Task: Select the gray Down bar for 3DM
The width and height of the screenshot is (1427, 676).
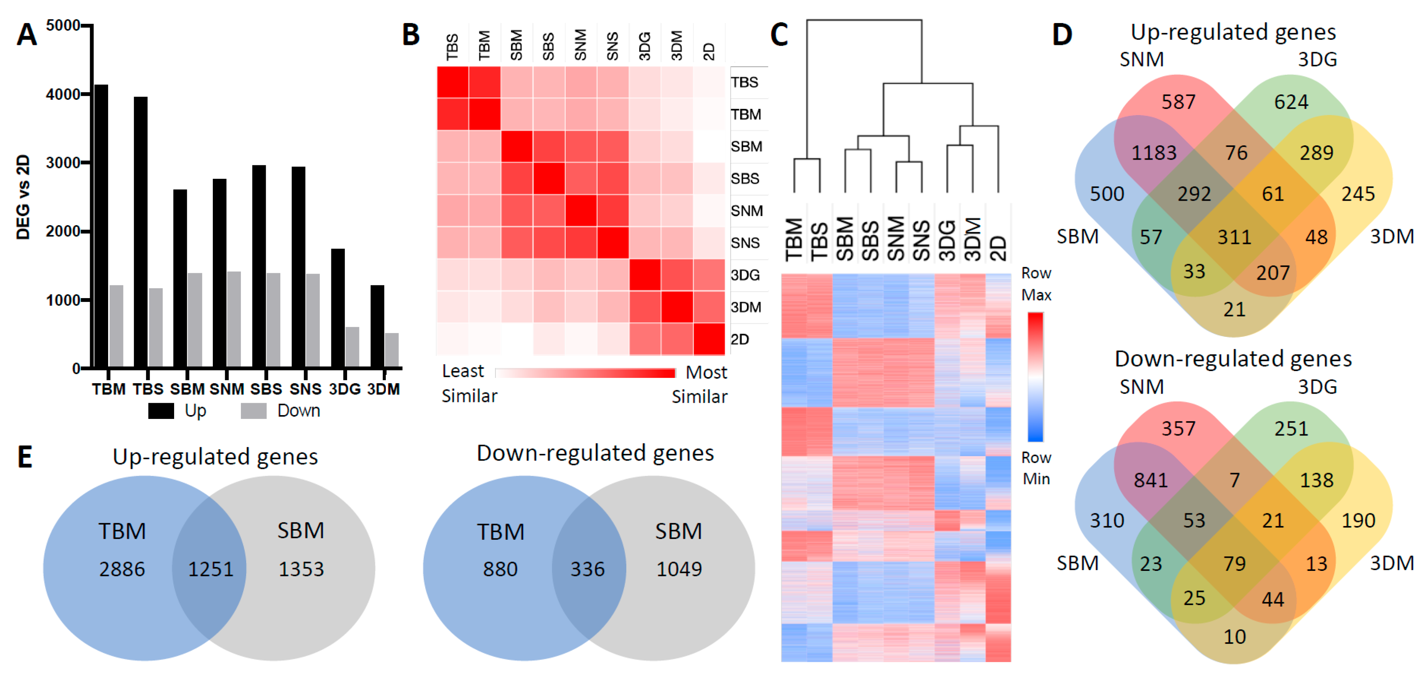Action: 392,350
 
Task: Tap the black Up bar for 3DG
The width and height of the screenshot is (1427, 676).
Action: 338,308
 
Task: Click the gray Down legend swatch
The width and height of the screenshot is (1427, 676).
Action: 254,411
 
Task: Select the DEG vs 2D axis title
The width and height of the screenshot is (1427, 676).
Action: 23,197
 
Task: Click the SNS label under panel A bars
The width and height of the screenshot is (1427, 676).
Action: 305,389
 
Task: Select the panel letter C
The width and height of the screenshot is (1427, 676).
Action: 779,35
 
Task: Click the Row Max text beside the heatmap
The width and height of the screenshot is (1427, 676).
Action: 1036,284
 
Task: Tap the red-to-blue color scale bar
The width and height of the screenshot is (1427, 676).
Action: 1035,377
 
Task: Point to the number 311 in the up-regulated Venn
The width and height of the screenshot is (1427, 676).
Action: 1234,237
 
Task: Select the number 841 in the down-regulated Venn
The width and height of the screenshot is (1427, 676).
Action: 1150,480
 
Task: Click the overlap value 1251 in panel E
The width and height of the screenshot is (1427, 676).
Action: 211,569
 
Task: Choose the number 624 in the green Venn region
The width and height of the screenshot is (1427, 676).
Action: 1291,102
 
